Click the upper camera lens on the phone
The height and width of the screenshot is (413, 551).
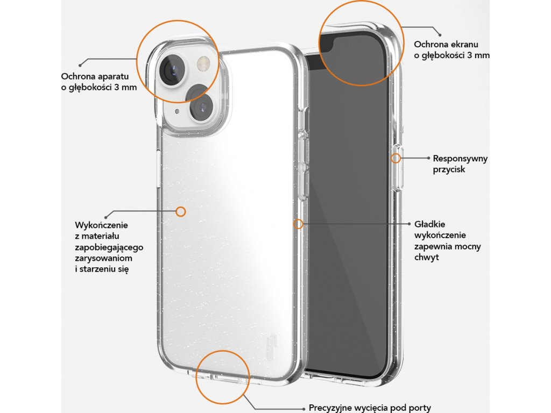pyautogui.click(x=172, y=69)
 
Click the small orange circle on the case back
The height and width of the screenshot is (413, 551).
pyautogui.click(x=181, y=211)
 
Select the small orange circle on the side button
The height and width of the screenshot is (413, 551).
pyautogui.click(x=396, y=158)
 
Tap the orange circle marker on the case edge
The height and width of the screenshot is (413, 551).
pyautogui.click(x=299, y=224)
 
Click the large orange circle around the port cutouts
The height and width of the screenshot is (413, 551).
pyautogui.click(x=222, y=377)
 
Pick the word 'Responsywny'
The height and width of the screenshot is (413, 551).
pyautogui.click(x=460, y=158)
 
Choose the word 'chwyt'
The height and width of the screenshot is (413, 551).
pyautogui.click(x=427, y=258)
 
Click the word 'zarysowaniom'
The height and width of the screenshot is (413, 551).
pyautogui.click(x=104, y=259)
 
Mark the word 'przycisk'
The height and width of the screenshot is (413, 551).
pyautogui.click(x=449, y=169)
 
